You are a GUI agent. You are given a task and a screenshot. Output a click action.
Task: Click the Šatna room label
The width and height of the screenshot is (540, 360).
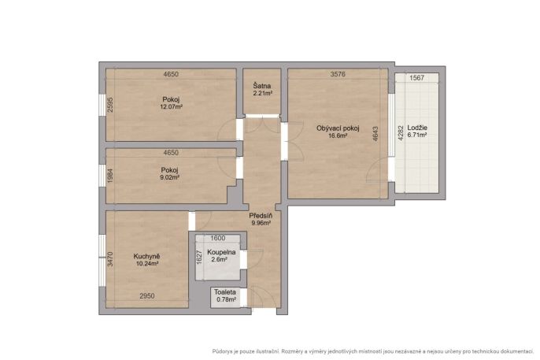pyautogui.click(x=261, y=86)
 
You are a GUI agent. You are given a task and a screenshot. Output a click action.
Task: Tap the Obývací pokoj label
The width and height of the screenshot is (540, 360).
pyautogui.click(x=338, y=128)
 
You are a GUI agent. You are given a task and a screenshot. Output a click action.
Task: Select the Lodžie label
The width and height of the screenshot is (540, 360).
pyautogui.click(x=417, y=128)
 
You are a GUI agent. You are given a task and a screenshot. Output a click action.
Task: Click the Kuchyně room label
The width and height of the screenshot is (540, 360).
pyautogui.click(x=146, y=257)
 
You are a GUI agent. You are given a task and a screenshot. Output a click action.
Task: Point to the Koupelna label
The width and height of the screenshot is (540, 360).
pyautogui.click(x=221, y=252)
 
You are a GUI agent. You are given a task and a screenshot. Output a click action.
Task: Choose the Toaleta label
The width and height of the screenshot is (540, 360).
pyautogui.click(x=225, y=292)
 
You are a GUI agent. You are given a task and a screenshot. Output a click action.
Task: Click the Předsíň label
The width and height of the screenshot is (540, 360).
pyautogui.click(x=261, y=216)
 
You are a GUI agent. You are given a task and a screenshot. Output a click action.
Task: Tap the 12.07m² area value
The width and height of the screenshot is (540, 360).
pyautogui.click(x=171, y=107)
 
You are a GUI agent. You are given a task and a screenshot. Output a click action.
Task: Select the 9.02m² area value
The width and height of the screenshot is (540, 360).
pyautogui.click(x=169, y=178)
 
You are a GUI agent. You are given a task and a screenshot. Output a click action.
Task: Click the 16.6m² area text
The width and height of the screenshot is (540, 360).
pyautogui.click(x=338, y=135)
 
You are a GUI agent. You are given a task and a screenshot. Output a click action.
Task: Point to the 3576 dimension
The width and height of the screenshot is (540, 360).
pyautogui.click(x=338, y=74)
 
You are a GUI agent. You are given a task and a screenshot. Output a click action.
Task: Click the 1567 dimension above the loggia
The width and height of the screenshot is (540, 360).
pyautogui.click(x=416, y=78)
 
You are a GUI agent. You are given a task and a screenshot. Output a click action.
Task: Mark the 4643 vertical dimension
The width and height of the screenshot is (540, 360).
pyautogui.click(x=375, y=134)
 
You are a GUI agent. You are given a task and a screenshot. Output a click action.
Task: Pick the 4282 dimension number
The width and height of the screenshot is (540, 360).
pyautogui.click(x=400, y=133)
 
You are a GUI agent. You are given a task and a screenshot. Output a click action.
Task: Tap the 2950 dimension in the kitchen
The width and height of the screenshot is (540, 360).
pyautogui.click(x=146, y=296)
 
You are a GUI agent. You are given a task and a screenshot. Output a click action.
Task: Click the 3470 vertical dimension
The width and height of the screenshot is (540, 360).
pyautogui.click(x=110, y=259)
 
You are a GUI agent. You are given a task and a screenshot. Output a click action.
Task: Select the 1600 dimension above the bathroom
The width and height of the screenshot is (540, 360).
pyautogui.click(x=217, y=238)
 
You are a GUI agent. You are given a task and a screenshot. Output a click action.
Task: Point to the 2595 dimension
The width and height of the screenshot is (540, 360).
pyautogui.click(x=110, y=105)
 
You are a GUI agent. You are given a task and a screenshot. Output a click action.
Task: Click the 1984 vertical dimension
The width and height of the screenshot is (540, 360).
pyautogui.click(x=110, y=176)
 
